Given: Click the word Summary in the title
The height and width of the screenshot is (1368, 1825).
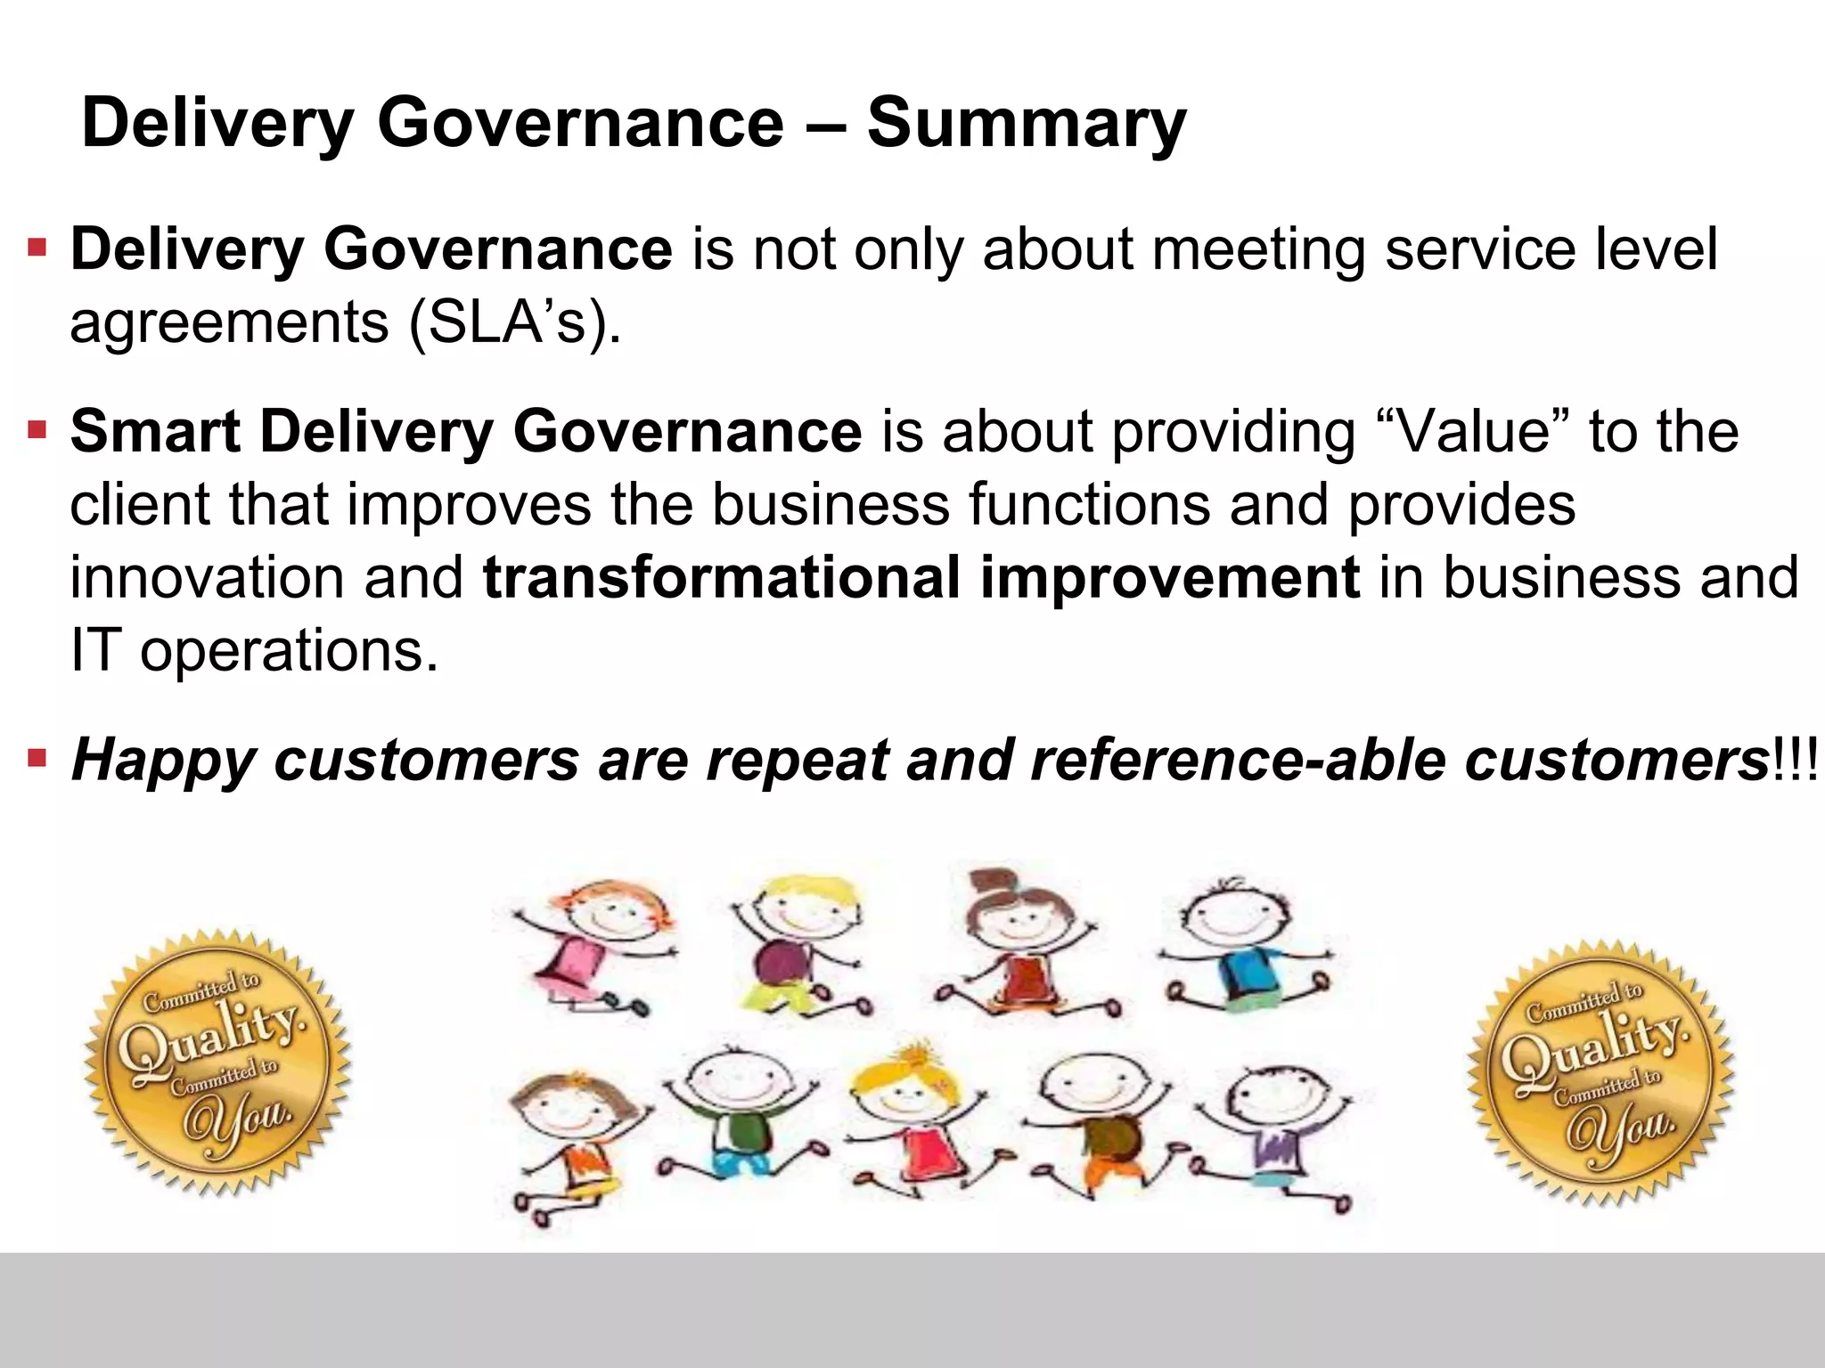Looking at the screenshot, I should point(1026,123).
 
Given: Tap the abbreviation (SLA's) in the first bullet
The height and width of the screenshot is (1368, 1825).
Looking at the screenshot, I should point(514,322).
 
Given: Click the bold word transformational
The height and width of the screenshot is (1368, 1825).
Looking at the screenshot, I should point(721,577).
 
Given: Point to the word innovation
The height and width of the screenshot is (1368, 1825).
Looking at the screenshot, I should point(206,577).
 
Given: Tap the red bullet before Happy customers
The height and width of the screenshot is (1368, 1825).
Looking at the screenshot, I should point(37,760).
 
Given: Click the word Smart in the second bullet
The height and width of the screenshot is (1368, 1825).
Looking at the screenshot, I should point(155,432).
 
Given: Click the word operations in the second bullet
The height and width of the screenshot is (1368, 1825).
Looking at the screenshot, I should point(290,651).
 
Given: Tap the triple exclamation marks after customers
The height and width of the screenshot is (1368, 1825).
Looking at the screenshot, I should point(1795,761).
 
